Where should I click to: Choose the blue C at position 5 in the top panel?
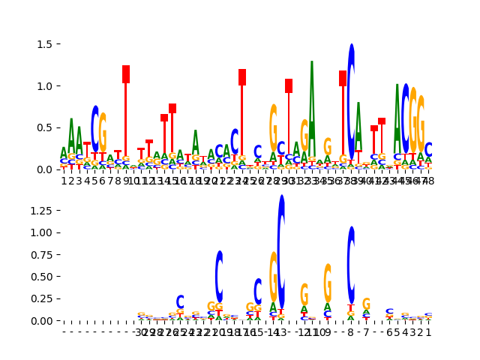coord(95,127)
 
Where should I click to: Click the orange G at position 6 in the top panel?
coord(103,132)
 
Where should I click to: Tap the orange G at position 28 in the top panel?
coord(274,127)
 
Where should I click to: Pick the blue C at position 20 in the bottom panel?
coord(219,275)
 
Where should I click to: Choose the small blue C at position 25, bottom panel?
coord(180,301)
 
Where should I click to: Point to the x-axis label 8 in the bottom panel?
coord(351,331)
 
